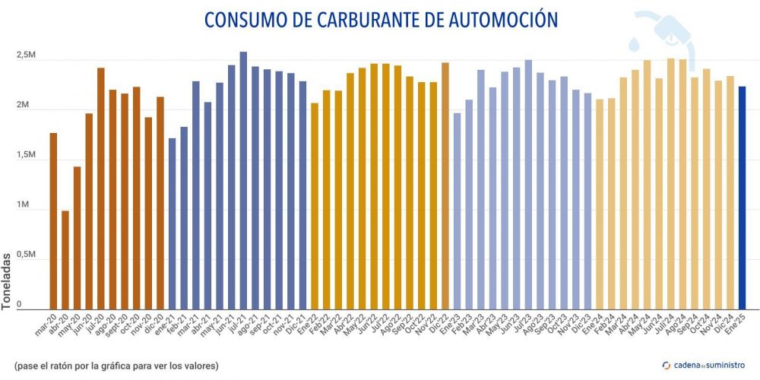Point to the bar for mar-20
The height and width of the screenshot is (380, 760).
tap(53, 221)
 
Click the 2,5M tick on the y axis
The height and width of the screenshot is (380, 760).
tap(26, 56)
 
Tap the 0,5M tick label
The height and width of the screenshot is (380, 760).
tap(26, 255)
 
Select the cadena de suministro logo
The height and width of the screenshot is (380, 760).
tap(703, 364)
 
